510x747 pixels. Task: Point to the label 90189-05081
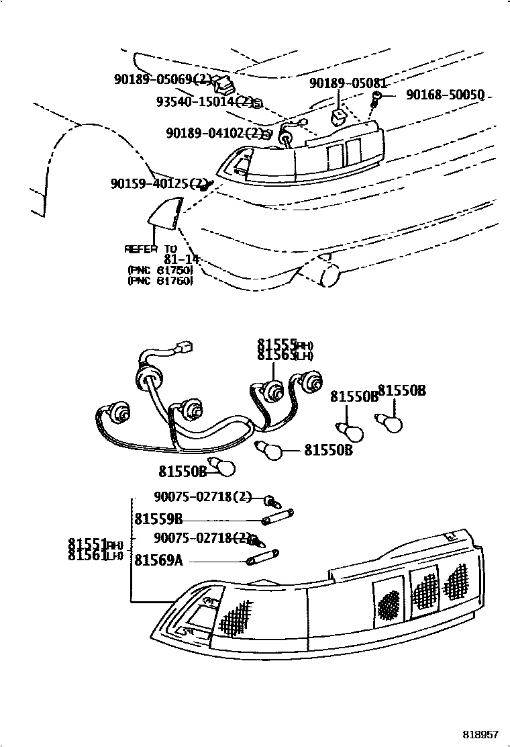pyautogui.click(x=348, y=83)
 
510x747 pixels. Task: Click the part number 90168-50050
pyautogui.click(x=445, y=95)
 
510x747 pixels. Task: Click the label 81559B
pyautogui.click(x=158, y=519)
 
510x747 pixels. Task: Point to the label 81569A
pyautogui.click(x=158, y=559)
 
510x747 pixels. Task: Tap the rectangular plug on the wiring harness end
pyautogui.click(x=185, y=348)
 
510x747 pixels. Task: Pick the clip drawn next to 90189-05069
pyautogui.click(x=223, y=85)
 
